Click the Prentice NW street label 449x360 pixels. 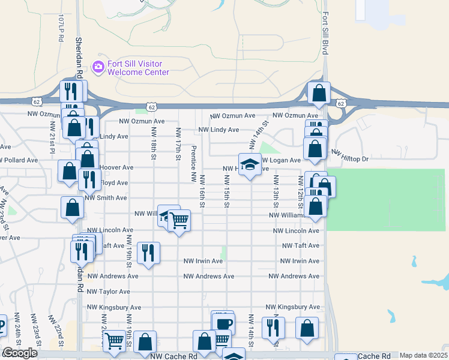point(193,163)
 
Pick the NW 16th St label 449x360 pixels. point(202,191)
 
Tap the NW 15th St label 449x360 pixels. point(227,191)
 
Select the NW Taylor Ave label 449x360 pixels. point(108,292)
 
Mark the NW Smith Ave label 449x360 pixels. point(106,197)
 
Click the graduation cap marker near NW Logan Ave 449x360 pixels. point(250,164)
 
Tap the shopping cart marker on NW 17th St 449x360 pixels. point(178,221)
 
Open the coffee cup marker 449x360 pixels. point(224,324)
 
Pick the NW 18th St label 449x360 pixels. point(154,143)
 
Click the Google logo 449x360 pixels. point(20,353)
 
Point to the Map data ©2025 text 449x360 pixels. point(423,356)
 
